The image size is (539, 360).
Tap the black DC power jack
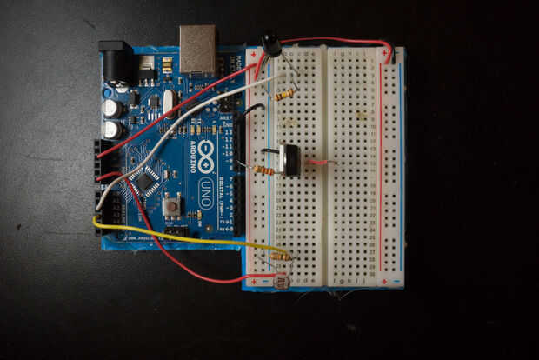coord(116,63)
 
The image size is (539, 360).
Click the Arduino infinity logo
coord(206,157)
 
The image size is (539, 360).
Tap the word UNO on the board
coord(206,195)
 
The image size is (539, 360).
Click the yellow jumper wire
coord(174,233)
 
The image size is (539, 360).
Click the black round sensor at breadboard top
coord(270,42)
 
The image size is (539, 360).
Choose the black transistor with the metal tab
coord(289,160)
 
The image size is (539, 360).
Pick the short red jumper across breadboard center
coord(318,162)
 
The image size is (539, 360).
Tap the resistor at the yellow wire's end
coord(282,256)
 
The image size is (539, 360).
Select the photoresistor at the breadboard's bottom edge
coord(281,282)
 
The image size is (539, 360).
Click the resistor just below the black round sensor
coord(284,95)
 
